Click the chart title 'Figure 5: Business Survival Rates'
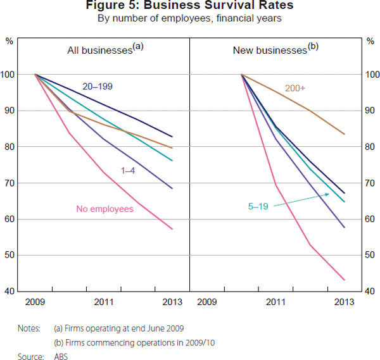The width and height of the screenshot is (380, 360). tap(189, 7)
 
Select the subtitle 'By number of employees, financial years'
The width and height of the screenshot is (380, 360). tap(189, 18)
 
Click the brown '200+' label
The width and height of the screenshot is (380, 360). tap(295, 89)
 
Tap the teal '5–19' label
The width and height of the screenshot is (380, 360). tap(258, 206)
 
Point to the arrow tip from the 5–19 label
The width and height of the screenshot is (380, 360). tap(329, 194)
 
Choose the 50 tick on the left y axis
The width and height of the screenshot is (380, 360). tap(11, 256)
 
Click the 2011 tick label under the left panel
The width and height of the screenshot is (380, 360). tap(104, 302)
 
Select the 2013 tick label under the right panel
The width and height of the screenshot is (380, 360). tap(344, 302)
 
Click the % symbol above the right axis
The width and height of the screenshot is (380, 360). tap(370, 42)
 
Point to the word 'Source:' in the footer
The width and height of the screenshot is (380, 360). tap(30, 357)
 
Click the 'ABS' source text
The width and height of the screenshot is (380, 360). tap(61, 357)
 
